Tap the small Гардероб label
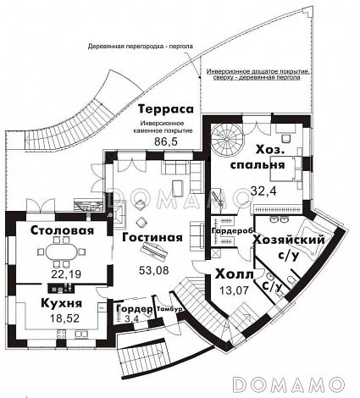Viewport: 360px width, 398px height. click(x=224, y=229)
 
